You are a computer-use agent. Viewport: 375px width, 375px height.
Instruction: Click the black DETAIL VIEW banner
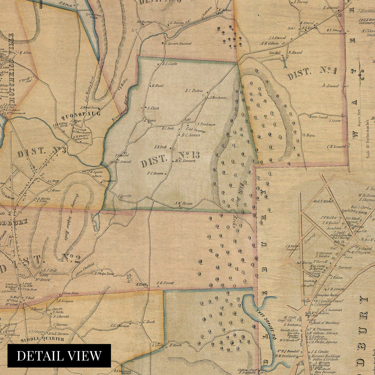click(59, 356)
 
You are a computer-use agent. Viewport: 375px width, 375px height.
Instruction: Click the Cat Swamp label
click(195, 129)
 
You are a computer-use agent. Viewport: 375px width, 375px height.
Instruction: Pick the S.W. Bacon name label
click(183, 204)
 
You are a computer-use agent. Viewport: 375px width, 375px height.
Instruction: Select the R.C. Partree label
click(194, 91)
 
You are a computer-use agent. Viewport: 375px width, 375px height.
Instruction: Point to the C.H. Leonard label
click(336, 146)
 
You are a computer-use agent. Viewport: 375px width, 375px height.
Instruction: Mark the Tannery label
click(344, 267)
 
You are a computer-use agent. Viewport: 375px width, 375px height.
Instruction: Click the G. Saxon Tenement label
click(178, 44)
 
